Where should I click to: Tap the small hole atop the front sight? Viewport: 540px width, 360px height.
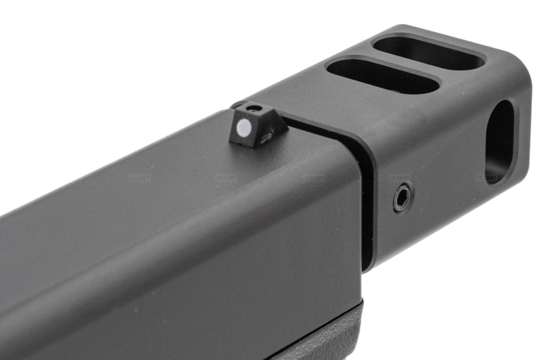pyautogui.click(x=253, y=109)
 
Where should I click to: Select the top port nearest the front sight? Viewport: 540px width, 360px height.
pyautogui.click(x=383, y=74)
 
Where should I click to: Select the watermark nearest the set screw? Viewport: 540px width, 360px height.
pyautogui.click(x=399, y=178)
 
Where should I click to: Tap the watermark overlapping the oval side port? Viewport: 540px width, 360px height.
pyautogui.click(x=486, y=178)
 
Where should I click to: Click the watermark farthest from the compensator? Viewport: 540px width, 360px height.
pyautogui.click(x=139, y=178)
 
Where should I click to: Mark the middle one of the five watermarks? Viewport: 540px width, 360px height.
pyautogui.click(x=313, y=178)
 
